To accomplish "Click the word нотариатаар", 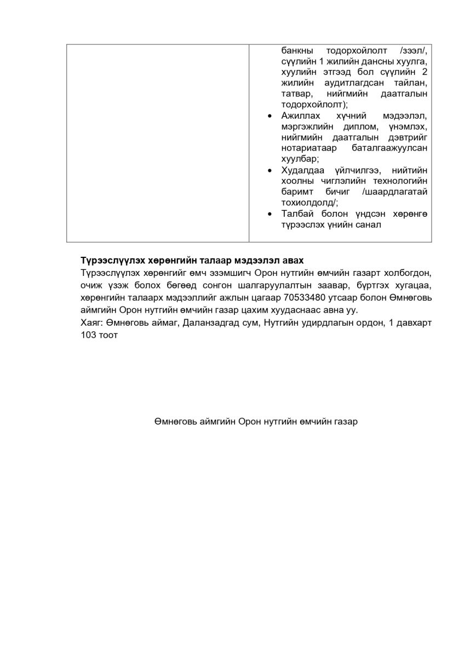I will tap(305, 148).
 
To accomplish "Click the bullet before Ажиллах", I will tap(268, 116).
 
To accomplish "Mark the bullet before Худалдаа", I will tap(268, 171).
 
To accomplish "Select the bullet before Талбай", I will tap(268, 215).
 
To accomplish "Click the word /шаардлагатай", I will tap(395, 192).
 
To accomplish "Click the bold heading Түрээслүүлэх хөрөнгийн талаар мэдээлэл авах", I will tap(192, 260).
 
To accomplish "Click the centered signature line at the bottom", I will tap(256, 422).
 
